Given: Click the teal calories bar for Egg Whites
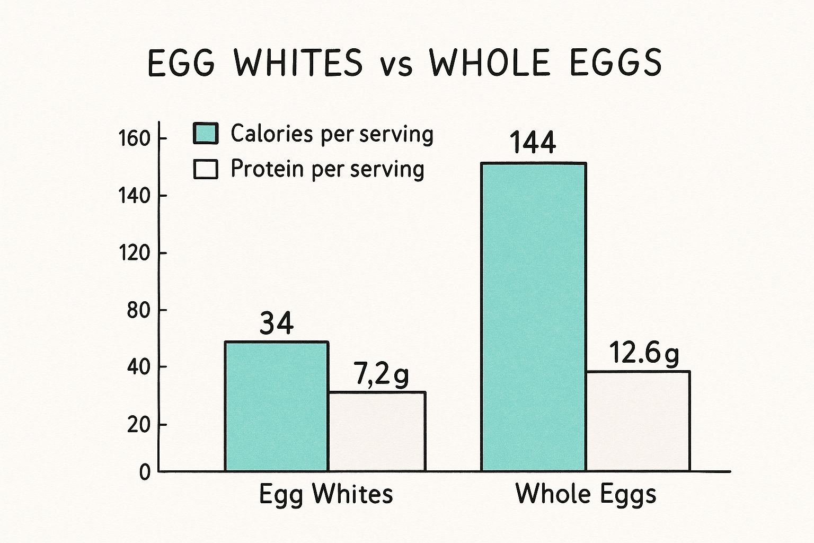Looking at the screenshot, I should click(x=276, y=406).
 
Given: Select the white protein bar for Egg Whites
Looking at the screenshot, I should click(x=377, y=431).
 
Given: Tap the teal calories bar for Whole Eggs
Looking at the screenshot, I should click(x=533, y=317).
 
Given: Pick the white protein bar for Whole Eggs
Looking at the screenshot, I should click(x=638, y=421).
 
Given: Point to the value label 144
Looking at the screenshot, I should click(x=533, y=143).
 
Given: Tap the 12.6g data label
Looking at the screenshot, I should click(x=643, y=353).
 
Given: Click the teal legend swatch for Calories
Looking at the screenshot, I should click(x=206, y=134).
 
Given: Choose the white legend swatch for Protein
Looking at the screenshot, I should click(x=206, y=169).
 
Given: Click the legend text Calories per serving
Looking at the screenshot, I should click(x=332, y=134).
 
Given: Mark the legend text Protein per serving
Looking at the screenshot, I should click(x=328, y=169).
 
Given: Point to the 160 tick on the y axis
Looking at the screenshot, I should click(x=135, y=139).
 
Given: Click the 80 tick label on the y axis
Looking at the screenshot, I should click(x=139, y=310).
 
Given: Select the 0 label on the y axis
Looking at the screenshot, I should click(x=145, y=472).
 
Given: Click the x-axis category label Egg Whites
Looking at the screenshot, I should click(x=326, y=495).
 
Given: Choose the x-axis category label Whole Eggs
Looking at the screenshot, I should click(x=586, y=495).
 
